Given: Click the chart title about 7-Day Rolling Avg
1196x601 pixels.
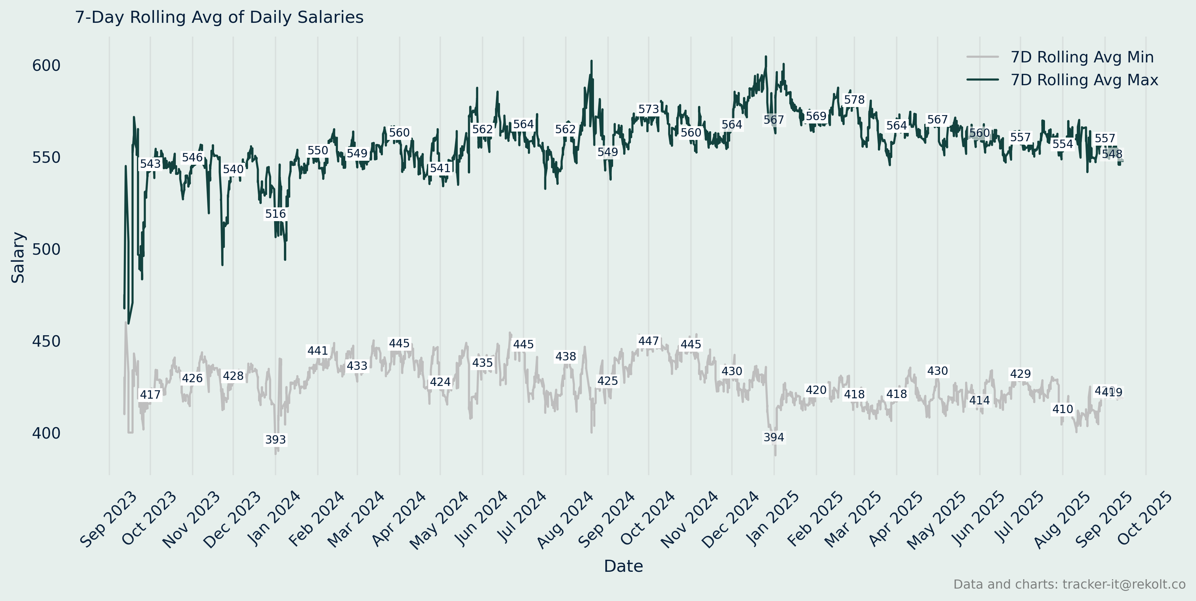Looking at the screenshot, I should point(219,17).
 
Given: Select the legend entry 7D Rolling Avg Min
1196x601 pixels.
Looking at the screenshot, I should point(1082,57).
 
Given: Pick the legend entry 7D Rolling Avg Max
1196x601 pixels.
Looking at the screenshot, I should point(1084,80).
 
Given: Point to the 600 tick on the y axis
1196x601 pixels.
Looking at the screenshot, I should point(46,65).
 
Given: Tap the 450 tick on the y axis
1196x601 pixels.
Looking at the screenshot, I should point(46,341).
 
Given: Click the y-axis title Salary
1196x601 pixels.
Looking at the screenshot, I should point(18,258).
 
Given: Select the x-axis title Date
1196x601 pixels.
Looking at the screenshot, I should point(623,566).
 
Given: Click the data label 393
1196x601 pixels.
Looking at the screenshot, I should point(275,440).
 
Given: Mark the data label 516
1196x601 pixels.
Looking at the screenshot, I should point(275,214).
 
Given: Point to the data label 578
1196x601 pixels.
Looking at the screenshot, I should point(854,100).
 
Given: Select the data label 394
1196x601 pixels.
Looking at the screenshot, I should point(774,437).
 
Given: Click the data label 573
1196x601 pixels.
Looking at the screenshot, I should point(649,109).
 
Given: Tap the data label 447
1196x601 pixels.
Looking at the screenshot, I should point(649,341).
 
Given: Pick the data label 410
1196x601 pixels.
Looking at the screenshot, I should point(1063,409).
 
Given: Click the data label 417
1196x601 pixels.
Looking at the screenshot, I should point(150,395).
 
